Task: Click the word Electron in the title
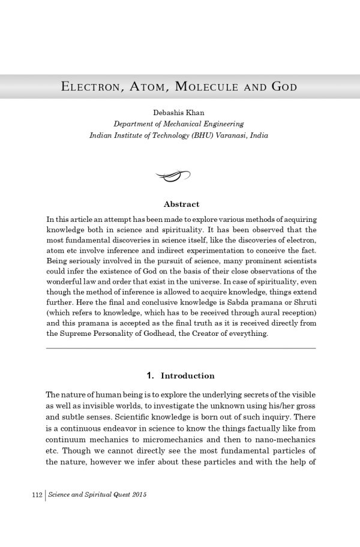point(88,87)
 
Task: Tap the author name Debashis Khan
point(179,113)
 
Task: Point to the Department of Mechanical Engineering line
point(179,124)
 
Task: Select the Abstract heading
point(181,205)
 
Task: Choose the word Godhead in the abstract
point(158,333)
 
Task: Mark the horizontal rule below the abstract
point(181,348)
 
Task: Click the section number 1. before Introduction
point(151,376)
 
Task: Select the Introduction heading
point(188,376)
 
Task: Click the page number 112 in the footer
point(35,495)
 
